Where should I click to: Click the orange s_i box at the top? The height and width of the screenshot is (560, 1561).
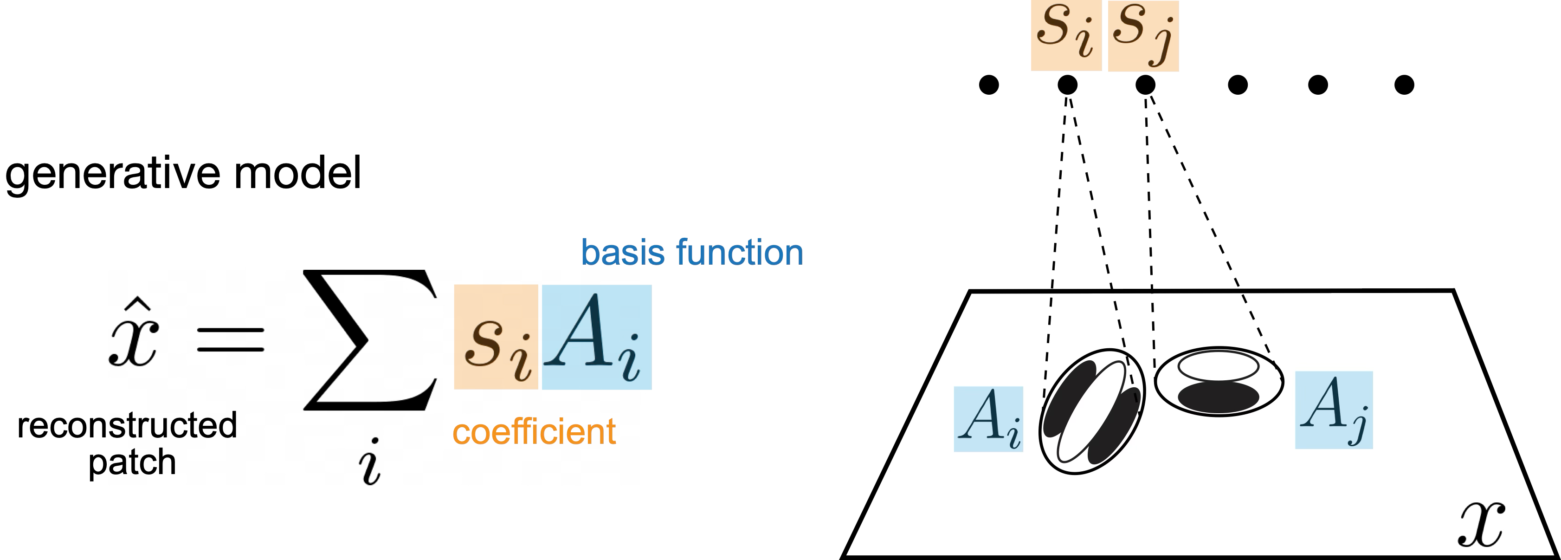(1066, 35)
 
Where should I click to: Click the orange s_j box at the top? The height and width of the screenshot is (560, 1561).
(1143, 36)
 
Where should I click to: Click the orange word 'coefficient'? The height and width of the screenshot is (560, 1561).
(534, 432)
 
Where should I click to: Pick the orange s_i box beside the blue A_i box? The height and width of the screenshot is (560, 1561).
(496, 337)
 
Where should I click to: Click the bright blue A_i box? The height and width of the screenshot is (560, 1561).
(596, 337)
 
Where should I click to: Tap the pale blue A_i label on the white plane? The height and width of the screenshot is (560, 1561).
(988, 419)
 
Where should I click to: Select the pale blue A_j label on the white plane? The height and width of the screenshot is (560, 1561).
(1333, 410)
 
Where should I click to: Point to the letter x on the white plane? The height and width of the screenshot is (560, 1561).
(1480, 525)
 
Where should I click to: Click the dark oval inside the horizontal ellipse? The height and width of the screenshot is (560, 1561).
(1218, 397)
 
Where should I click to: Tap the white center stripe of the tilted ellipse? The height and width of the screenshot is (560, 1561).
(1091, 412)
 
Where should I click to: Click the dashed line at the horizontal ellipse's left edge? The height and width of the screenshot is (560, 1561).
(1153, 333)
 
